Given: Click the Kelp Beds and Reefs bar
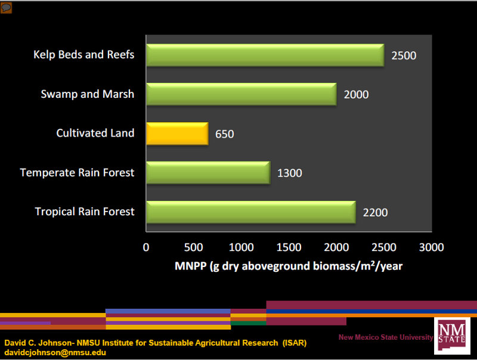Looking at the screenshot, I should point(265,55).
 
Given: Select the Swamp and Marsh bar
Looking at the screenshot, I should point(241,94).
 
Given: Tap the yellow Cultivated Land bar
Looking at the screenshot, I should point(177,134).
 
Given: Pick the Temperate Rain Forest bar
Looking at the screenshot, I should point(207,173).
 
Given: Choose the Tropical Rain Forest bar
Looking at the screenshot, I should point(250,212).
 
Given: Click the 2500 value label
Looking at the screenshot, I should point(404,56).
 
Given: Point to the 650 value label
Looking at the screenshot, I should point(225,134).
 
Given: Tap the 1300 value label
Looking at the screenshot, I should point(290,173).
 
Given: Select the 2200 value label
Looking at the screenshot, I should point(375,212).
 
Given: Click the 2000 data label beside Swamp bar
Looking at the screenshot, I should point(356,95).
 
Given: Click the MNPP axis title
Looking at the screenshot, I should point(289,266).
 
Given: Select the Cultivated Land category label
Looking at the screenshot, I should point(95,133).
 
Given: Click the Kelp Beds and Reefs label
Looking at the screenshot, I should point(84,55).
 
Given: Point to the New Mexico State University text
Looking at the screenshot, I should point(386,337).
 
